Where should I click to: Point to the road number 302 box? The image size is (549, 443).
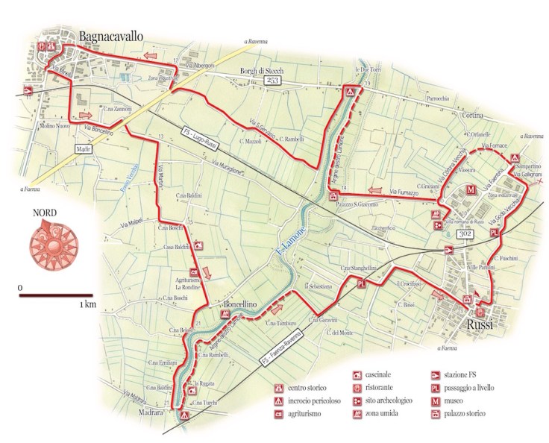464,233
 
